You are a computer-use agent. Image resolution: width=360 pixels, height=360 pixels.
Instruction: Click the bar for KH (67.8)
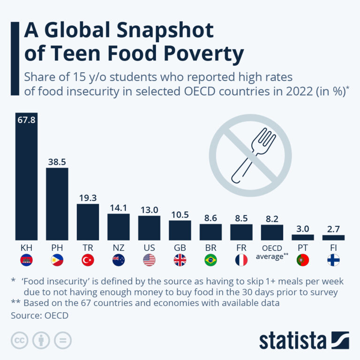(26, 178)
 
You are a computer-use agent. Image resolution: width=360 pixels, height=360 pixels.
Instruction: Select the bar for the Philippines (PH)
(57, 204)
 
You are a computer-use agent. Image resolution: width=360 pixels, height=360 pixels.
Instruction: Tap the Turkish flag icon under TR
(88, 260)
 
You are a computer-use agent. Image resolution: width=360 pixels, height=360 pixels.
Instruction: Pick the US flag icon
(149, 260)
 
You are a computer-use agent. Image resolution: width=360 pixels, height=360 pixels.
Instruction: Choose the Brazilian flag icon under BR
(210, 260)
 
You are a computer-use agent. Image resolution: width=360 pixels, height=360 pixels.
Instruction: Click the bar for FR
(241, 232)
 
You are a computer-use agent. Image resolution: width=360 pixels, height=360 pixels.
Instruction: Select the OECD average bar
(272, 232)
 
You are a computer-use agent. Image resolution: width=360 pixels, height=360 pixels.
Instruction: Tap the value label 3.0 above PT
(302, 228)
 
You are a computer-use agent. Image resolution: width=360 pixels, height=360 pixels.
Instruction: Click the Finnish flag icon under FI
(333, 260)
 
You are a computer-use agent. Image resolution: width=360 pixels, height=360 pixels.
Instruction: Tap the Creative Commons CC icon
(20, 341)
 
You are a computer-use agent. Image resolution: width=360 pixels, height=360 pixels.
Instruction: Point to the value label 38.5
(57, 162)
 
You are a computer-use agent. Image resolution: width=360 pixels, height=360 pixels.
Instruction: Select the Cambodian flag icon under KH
(26, 260)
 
